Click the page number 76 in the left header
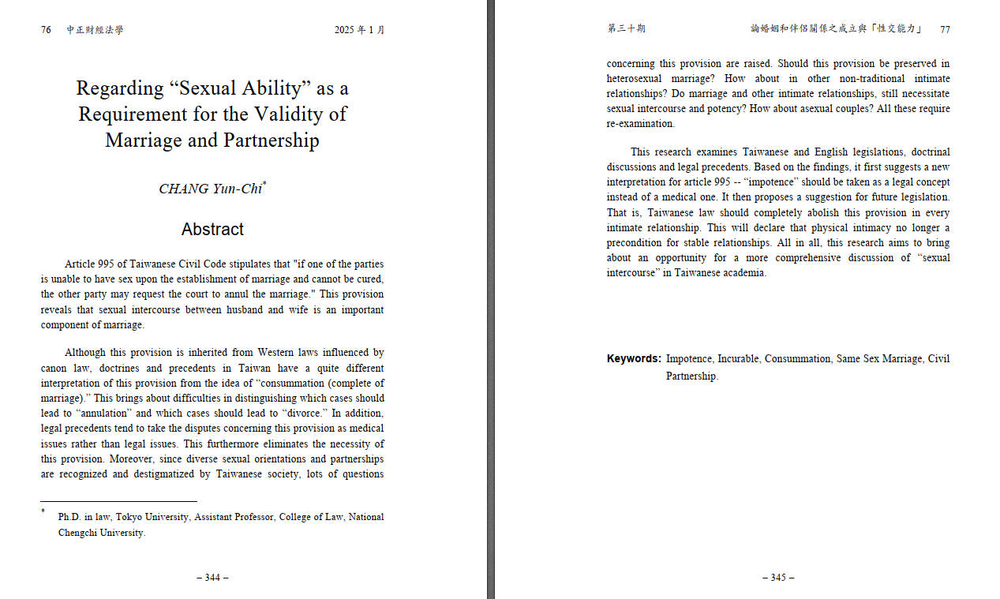click(46, 30)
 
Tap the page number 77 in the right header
click(945, 29)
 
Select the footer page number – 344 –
click(212, 577)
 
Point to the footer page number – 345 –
click(778, 577)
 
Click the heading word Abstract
click(212, 230)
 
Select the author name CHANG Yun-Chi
click(210, 189)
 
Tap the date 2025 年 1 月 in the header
click(359, 30)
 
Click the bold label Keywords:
click(634, 359)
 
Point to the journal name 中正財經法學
click(95, 30)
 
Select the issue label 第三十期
click(626, 29)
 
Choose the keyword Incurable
click(738, 359)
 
